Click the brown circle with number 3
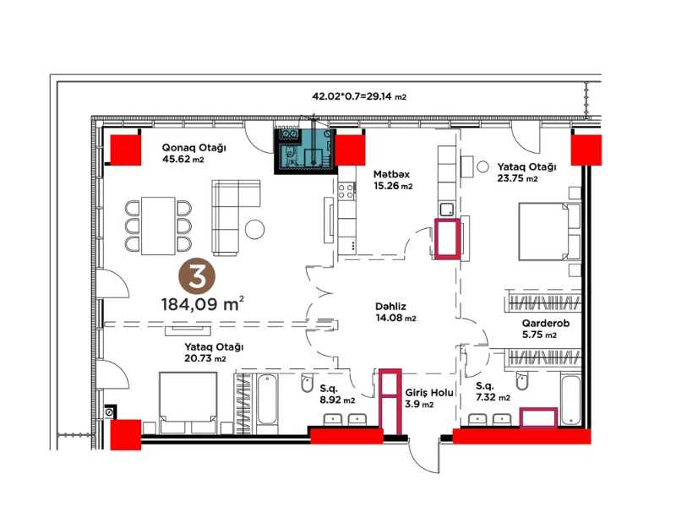click(x=197, y=276)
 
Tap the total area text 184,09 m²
click(x=203, y=304)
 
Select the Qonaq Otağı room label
click(x=194, y=148)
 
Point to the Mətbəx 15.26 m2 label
click(x=393, y=180)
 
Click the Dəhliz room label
click(x=390, y=307)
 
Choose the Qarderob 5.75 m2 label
click(x=545, y=329)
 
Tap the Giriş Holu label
click(x=429, y=393)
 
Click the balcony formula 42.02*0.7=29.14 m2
click(x=359, y=96)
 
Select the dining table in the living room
click(x=158, y=226)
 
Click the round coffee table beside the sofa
click(x=255, y=229)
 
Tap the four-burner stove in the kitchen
click(x=346, y=191)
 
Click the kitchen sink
click(x=447, y=210)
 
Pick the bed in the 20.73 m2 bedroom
click(x=188, y=402)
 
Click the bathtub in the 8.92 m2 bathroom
click(x=267, y=399)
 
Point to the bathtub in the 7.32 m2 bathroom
click(x=571, y=400)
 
